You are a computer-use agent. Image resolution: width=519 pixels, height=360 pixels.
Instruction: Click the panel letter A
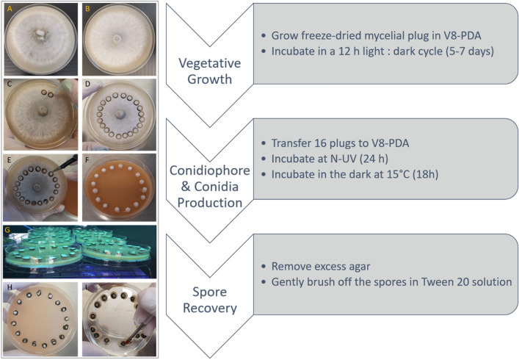pyautogui.click(x=8, y=9)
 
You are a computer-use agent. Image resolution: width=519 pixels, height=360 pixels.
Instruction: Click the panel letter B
pyautogui.click(x=87, y=9)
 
